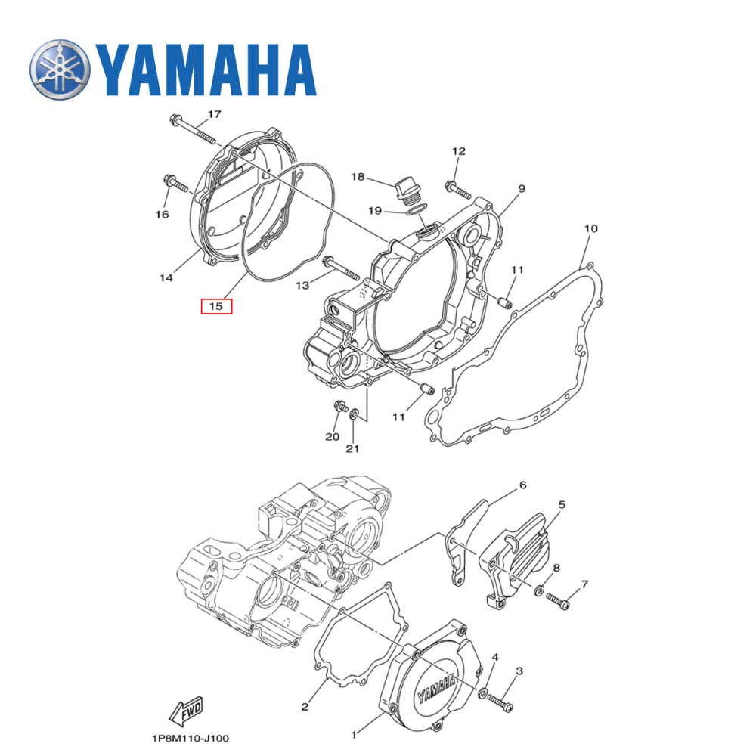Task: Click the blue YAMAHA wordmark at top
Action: click(x=204, y=70)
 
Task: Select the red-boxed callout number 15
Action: click(x=216, y=306)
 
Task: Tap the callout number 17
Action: click(x=214, y=114)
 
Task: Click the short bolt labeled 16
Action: click(x=173, y=182)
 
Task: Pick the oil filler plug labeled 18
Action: click(x=405, y=190)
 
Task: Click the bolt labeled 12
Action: click(x=454, y=187)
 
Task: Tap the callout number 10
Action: click(x=590, y=228)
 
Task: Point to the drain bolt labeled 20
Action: click(x=336, y=407)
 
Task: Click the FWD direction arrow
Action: click(x=187, y=709)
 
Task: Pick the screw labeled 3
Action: click(x=500, y=701)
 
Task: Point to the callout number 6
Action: click(x=522, y=485)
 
